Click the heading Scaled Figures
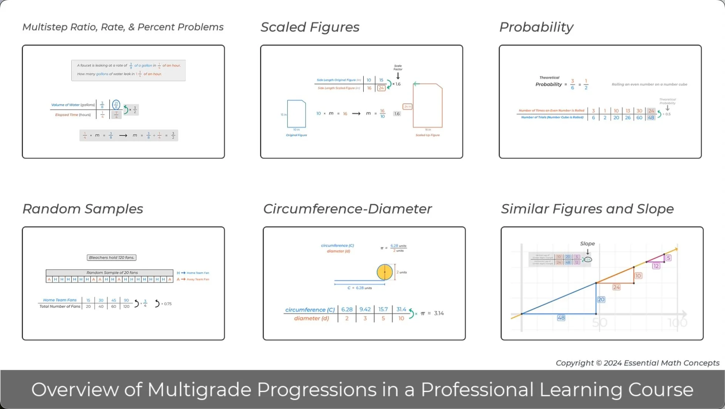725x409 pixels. tap(310, 27)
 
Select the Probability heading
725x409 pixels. tap(536, 27)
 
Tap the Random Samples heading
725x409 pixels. tap(82, 209)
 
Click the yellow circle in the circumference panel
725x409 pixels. tap(384, 272)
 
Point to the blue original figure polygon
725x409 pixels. tap(297, 114)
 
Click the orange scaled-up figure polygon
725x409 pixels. tap(428, 106)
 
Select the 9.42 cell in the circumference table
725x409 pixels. tap(365, 309)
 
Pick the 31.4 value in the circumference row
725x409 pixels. tap(401, 309)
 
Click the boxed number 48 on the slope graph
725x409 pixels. tap(561, 318)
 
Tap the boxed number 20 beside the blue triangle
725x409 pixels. tap(601, 299)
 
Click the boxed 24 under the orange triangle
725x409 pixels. tap(616, 287)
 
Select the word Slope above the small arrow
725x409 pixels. tap(587, 243)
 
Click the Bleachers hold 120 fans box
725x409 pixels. tap(111, 257)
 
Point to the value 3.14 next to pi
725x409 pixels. tap(439, 313)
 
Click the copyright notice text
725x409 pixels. tap(637, 363)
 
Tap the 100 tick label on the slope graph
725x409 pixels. tap(677, 323)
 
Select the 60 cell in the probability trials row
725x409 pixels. tap(639, 117)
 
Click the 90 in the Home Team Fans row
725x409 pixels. tap(126, 300)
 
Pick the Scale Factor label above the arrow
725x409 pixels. tap(398, 67)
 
